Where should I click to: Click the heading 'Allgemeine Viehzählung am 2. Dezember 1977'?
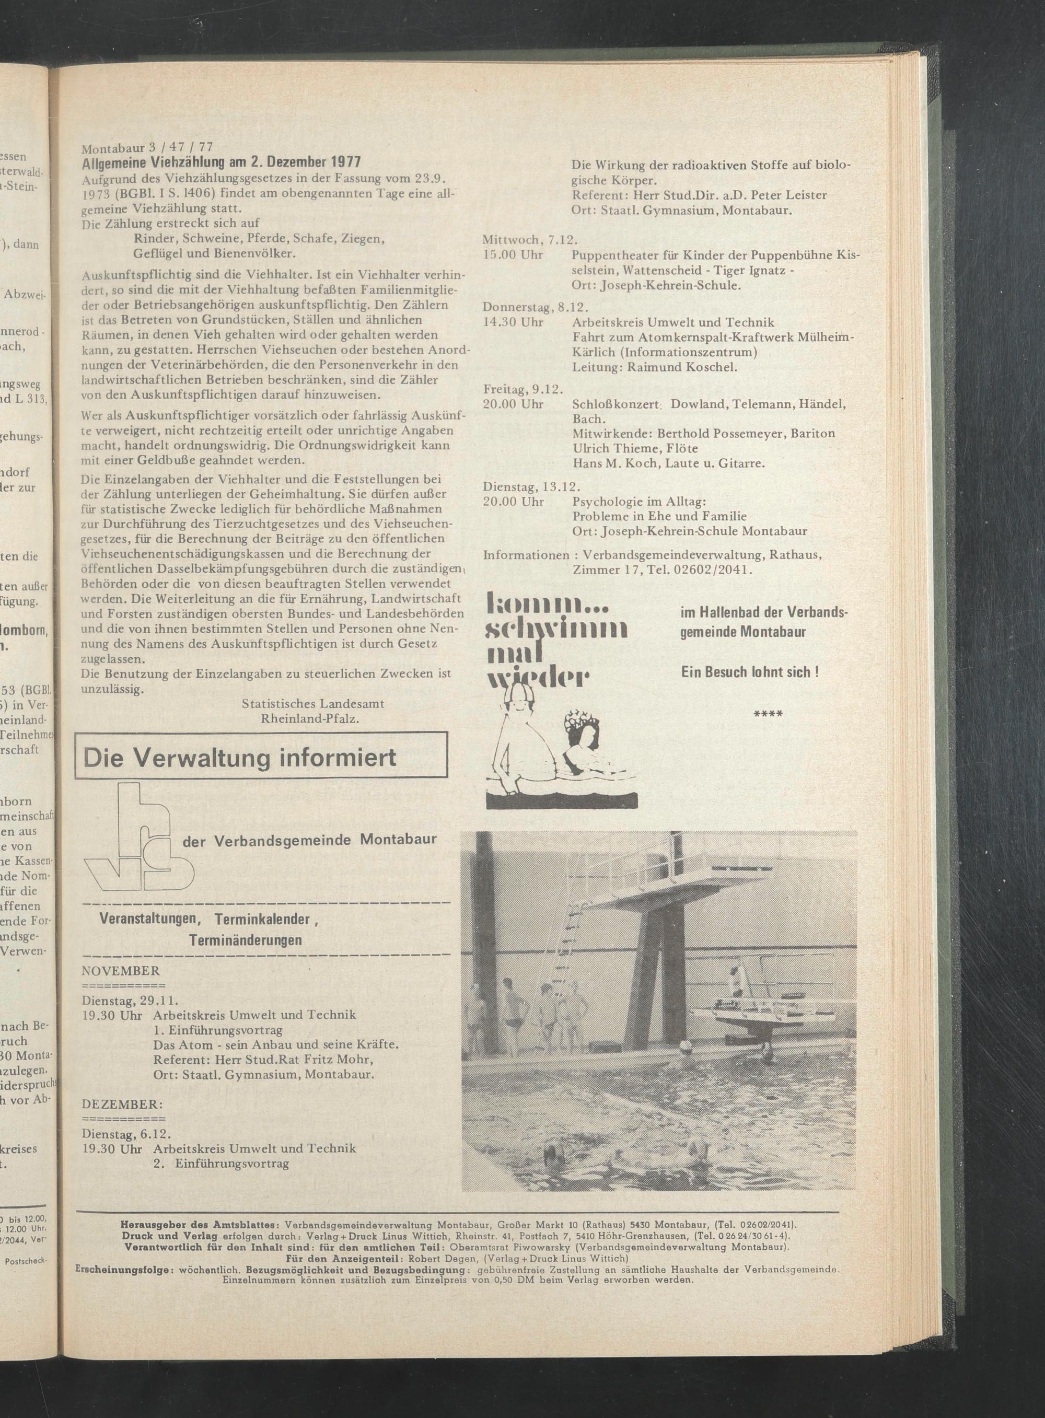[x=222, y=162]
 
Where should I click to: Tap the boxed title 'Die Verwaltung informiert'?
[x=240, y=757]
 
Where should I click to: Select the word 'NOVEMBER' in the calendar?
[x=121, y=971]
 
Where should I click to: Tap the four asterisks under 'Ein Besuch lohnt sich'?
[x=769, y=714]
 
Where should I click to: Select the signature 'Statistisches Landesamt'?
[x=312, y=703]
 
